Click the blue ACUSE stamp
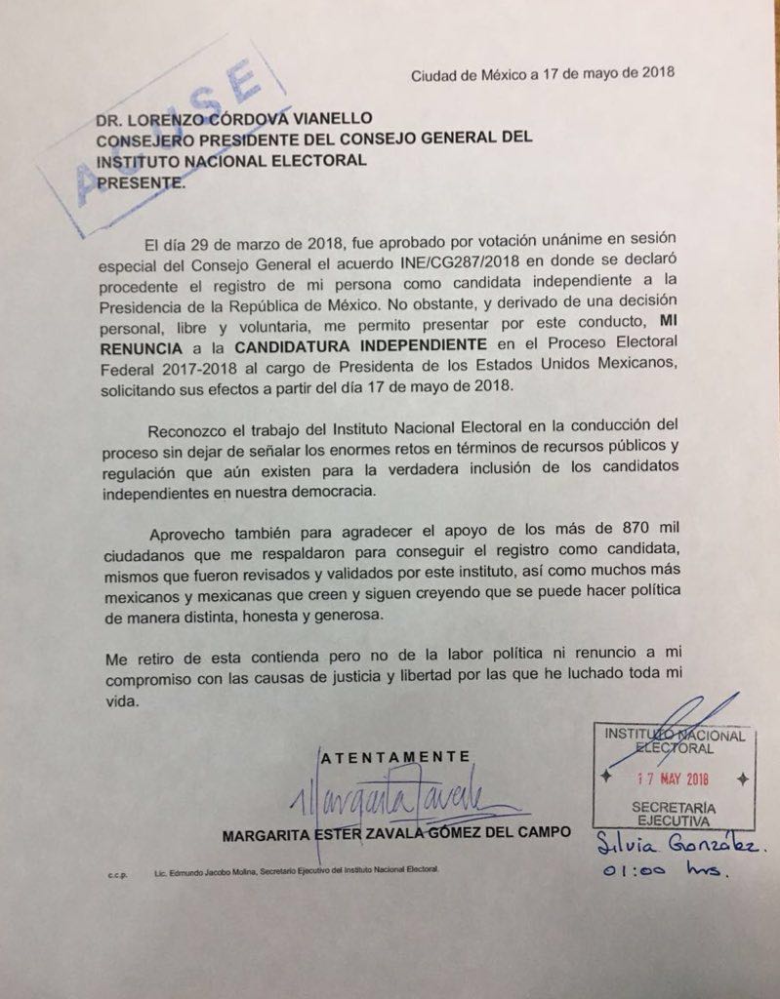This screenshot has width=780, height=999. point(156,137)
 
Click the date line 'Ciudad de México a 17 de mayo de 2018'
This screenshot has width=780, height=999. point(543,74)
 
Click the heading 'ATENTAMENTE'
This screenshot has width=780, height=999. point(396,756)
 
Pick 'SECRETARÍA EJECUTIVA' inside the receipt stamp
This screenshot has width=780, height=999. point(674,816)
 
